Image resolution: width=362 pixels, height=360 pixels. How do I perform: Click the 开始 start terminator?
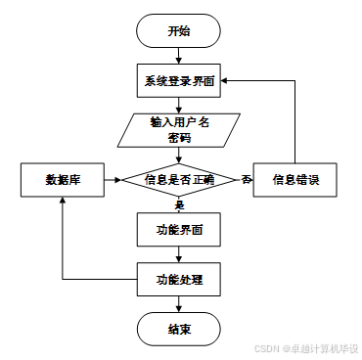[177, 31]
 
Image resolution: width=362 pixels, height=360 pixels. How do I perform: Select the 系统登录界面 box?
[177, 81]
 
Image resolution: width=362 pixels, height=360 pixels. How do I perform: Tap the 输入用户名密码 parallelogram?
[177, 130]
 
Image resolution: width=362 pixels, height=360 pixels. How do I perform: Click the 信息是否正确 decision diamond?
[177, 180]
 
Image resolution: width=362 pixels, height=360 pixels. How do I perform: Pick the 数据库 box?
[61, 180]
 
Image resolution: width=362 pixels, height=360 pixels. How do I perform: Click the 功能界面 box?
[177, 230]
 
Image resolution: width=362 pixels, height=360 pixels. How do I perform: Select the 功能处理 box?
[177, 280]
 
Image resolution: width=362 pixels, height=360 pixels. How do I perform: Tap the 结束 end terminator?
[177, 329]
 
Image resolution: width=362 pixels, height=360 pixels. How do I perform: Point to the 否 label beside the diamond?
[247, 179]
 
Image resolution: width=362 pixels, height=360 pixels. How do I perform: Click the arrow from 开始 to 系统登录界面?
[177, 56]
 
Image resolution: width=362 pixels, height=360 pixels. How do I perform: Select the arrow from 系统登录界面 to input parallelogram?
[177, 106]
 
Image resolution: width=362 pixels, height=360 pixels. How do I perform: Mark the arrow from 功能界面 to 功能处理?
[177, 254]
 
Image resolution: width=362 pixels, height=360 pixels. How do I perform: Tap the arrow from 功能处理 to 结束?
[177, 304]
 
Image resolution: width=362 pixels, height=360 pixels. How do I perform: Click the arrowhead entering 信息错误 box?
[250, 180]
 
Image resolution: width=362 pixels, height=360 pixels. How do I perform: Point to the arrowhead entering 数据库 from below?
[62, 202]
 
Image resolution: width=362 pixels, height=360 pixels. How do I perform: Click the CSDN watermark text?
[309, 348]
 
